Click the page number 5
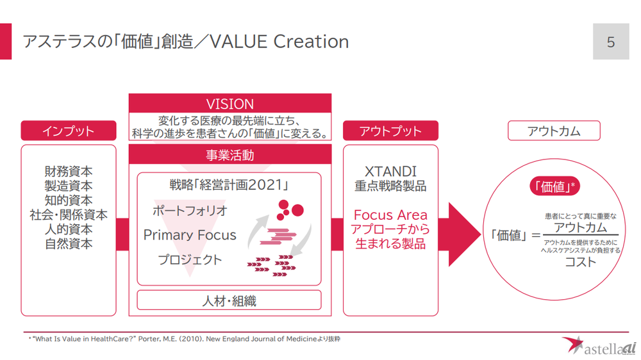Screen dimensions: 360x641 coord(610,42)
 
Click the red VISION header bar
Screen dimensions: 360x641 coord(230,104)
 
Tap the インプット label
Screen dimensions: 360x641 coord(69,131)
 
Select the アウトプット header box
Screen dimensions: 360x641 coord(390,131)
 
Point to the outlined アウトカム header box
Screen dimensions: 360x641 coord(554,131)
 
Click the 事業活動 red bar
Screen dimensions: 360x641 coord(230,155)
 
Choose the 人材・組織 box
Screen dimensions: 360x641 coord(229,300)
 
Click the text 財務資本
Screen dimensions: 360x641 coord(69,172)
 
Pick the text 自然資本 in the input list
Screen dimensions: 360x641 coord(69,243)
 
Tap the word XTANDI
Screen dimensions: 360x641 coord(390,172)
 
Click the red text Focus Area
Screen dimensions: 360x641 coord(390,215)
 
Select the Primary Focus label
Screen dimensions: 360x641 coord(190,235)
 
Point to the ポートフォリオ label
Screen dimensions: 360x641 coord(190,210)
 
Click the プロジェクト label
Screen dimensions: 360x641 coord(190,259)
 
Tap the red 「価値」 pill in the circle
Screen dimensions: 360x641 coord(554,186)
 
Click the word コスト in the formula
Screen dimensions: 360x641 coord(580,261)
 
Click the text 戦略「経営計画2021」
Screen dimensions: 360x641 coord(229,185)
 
